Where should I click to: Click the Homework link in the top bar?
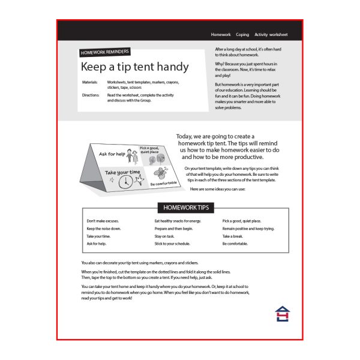(221, 35)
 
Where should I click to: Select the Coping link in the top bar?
(242, 35)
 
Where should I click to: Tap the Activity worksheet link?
(271, 35)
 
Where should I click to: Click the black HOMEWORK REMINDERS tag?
(105, 53)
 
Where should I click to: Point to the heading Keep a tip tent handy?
(134, 67)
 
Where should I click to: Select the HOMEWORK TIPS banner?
(185, 208)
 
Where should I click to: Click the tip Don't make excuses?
(103, 221)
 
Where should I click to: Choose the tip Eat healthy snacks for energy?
(178, 221)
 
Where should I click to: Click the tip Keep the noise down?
(104, 229)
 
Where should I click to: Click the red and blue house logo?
(281, 314)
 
